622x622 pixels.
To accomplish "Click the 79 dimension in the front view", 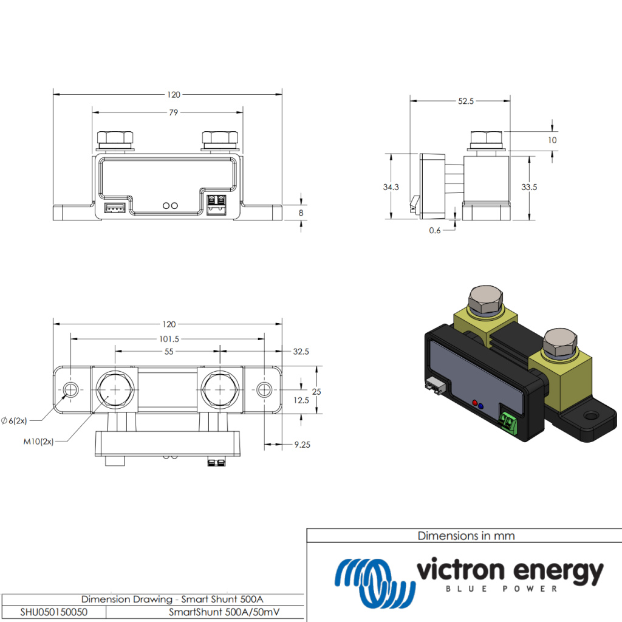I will pyautogui.click(x=174, y=112).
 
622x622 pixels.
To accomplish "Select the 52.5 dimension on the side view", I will pyautogui.click(x=466, y=101).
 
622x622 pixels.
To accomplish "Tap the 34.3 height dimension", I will pyautogui.click(x=391, y=187).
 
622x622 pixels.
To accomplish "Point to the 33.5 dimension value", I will pyautogui.click(x=529, y=187).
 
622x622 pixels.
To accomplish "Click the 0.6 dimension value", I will pyautogui.click(x=435, y=230).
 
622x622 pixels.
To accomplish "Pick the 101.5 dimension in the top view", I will pyautogui.click(x=168, y=338).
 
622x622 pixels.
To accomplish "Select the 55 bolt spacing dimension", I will pyautogui.click(x=169, y=352).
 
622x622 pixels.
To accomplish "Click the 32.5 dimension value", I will pyautogui.click(x=301, y=352).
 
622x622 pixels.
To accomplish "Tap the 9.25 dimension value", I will pyautogui.click(x=302, y=445).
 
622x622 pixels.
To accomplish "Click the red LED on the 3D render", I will pyautogui.click(x=474, y=402).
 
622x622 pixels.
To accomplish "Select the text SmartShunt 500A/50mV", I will pyautogui.click(x=227, y=612).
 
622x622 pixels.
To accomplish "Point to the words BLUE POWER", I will pyautogui.click(x=502, y=589).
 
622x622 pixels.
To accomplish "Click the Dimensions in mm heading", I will pyautogui.click(x=466, y=536).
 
